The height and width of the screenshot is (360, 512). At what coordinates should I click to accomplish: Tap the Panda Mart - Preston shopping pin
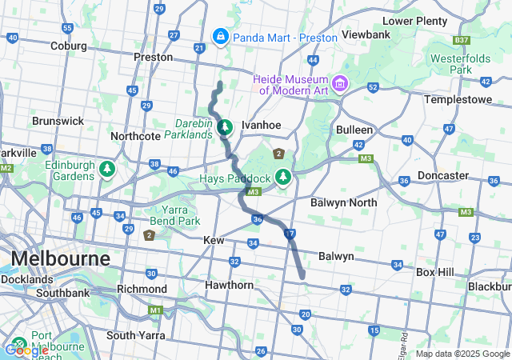click(x=219, y=36)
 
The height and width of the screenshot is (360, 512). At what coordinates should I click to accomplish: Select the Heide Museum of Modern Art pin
click(x=340, y=83)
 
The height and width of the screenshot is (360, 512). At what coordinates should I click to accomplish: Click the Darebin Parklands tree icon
click(x=226, y=126)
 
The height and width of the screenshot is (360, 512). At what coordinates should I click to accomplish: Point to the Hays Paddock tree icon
click(x=282, y=176)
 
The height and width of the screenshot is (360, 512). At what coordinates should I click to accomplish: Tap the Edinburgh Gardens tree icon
click(x=106, y=170)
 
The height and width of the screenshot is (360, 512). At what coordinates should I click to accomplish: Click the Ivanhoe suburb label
click(x=261, y=126)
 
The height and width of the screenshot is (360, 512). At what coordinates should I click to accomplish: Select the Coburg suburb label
click(x=68, y=46)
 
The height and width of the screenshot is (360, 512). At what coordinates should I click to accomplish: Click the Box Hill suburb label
click(x=434, y=272)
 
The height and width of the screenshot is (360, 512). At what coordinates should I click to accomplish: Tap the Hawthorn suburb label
click(x=229, y=285)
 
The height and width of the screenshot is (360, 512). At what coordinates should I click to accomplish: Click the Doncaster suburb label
click(x=443, y=175)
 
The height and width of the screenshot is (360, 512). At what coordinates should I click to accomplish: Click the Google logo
click(x=26, y=350)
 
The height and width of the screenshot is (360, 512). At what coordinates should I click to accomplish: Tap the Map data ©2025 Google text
click(x=462, y=354)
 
